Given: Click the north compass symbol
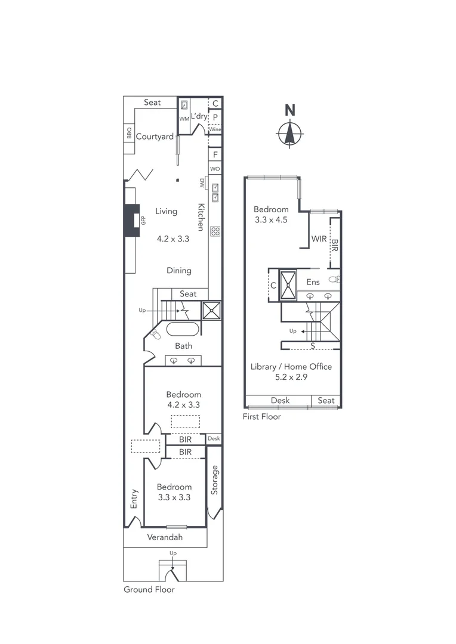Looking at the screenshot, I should [289, 132].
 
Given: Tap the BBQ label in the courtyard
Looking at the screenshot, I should [129, 132].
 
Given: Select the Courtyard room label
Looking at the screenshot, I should [155, 137].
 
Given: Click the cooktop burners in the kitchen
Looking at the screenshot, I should [215, 231].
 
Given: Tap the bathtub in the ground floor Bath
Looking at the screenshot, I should [184, 330].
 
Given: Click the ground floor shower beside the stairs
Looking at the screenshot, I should [211, 311].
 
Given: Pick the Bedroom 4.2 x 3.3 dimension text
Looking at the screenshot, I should [183, 404].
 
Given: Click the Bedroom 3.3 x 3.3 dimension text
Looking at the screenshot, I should [174, 497].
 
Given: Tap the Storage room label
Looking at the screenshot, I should [214, 479].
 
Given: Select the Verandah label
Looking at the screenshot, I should [165, 537].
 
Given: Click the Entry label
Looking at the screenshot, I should [134, 499].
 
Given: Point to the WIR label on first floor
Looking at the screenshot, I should [319, 239].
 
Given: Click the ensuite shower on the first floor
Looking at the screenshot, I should [289, 285].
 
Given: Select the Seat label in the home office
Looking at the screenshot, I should [326, 401].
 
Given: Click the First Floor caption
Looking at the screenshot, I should [261, 417].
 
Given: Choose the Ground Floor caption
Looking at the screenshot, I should [149, 590].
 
